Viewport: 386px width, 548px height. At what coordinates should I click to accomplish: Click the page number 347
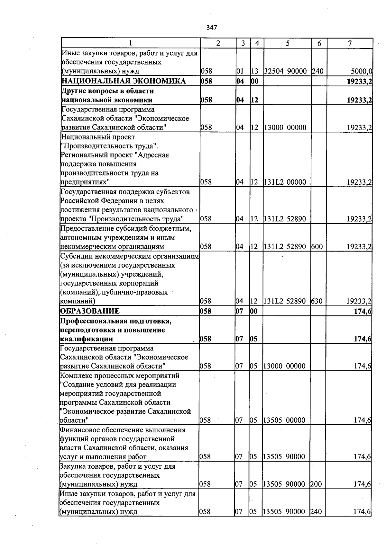pos(212,28)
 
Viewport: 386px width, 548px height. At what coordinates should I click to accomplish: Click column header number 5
pos(288,43)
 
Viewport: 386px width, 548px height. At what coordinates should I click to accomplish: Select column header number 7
pos(350,43)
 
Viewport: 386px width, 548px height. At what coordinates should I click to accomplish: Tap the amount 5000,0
pos(362,71)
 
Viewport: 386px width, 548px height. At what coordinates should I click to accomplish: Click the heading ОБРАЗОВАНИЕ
pos(90,311)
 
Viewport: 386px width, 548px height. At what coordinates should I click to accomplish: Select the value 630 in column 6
pos(317,301)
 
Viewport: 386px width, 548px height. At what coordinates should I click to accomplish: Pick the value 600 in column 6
pos(317,247)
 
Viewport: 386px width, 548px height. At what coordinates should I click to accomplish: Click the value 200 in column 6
pos(316,484)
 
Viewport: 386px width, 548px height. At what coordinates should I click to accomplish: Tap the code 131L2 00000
pos(285,182)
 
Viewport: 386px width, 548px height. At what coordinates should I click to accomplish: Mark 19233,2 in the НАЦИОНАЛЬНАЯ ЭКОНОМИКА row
pos(360,81)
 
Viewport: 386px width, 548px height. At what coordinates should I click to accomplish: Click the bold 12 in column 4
pos(254,100)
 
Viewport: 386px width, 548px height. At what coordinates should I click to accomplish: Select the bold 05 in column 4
pos(254,339)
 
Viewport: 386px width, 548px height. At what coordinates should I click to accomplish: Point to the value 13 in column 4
pos(254,71)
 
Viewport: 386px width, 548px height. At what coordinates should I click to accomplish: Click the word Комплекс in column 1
pos(75,376)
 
